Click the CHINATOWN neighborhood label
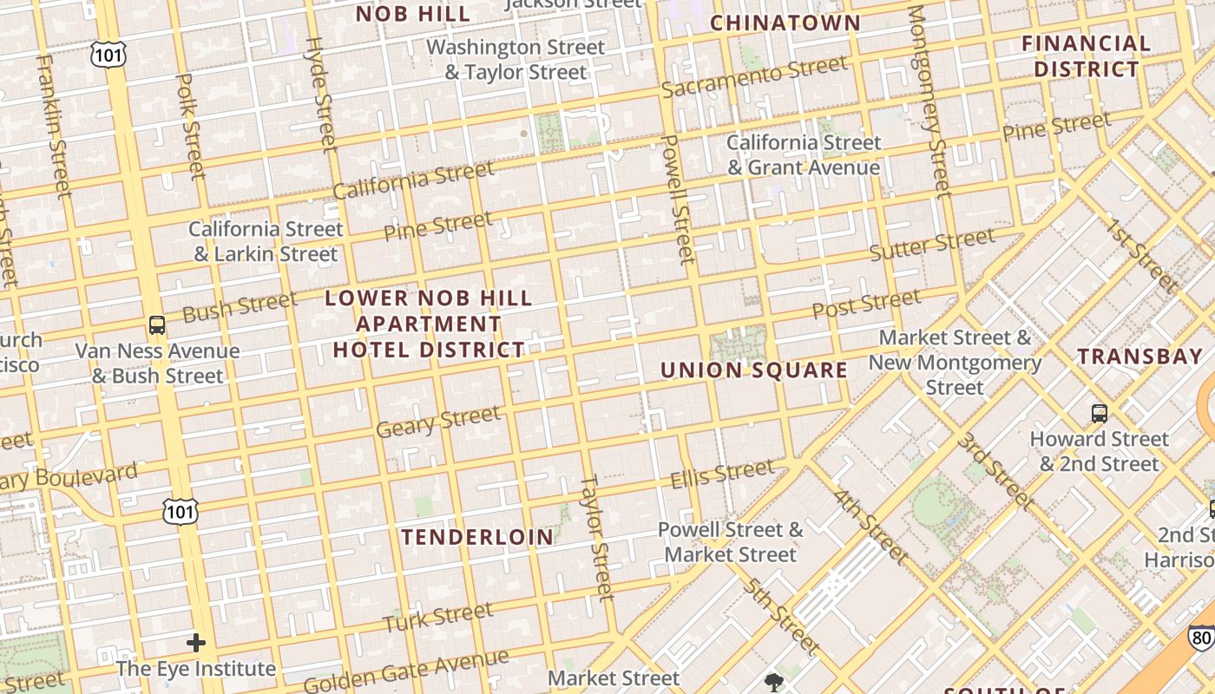pyautogui.click(x=785, y=23)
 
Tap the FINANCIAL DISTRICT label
pyautogui.click(x=1086, y=56)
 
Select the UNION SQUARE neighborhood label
pyautogui.click(x=754, y=370)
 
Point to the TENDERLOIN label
pyautogui.click(x=477, y=537)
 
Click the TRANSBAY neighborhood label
pyautogui.click(x=1140, y=356)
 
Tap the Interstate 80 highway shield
pyautogui.click(x=1201, y=638)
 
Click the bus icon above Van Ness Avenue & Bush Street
pyautogui.click(x=157, y=325)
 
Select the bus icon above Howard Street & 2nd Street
pyautogui.click(x=1100, y=413)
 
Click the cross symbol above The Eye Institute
pyautogui.click(x=196, y=643)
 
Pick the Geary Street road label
pyautogui.click(x=438, y=422)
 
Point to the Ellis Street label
pyautogui.click(x=722, y=474)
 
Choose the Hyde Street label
pyautogui.click(x=320, y=94)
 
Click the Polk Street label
pyautogui.click(x=189, y=126)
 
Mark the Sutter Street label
pyautogui.click(x=932, y=244)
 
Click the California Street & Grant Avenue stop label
pyautogui.click(x=804, y=154)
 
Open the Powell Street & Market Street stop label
pyautogui.click(x=730, y=541)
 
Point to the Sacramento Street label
pyautogui.click(x=754, y=76)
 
